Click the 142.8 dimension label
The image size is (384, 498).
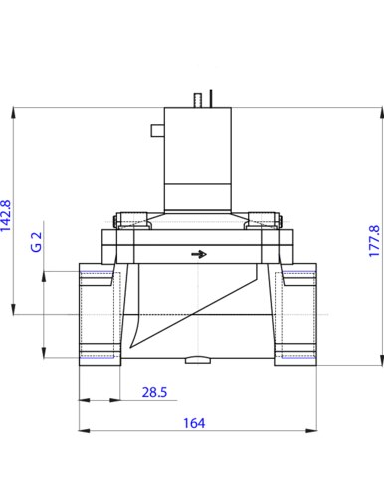[6, 215]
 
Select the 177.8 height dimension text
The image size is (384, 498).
[374, 241]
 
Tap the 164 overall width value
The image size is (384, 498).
[194, 423]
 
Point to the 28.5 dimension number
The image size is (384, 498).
[154, 392]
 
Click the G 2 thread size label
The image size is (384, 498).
[37, 242]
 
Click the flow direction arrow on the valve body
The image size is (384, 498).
[199, 254]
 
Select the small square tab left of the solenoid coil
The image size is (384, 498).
[158, 130]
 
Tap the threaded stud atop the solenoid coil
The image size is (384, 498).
[198, 100]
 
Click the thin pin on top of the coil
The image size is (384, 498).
[211, 98]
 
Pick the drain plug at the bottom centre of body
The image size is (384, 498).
[198, 360]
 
